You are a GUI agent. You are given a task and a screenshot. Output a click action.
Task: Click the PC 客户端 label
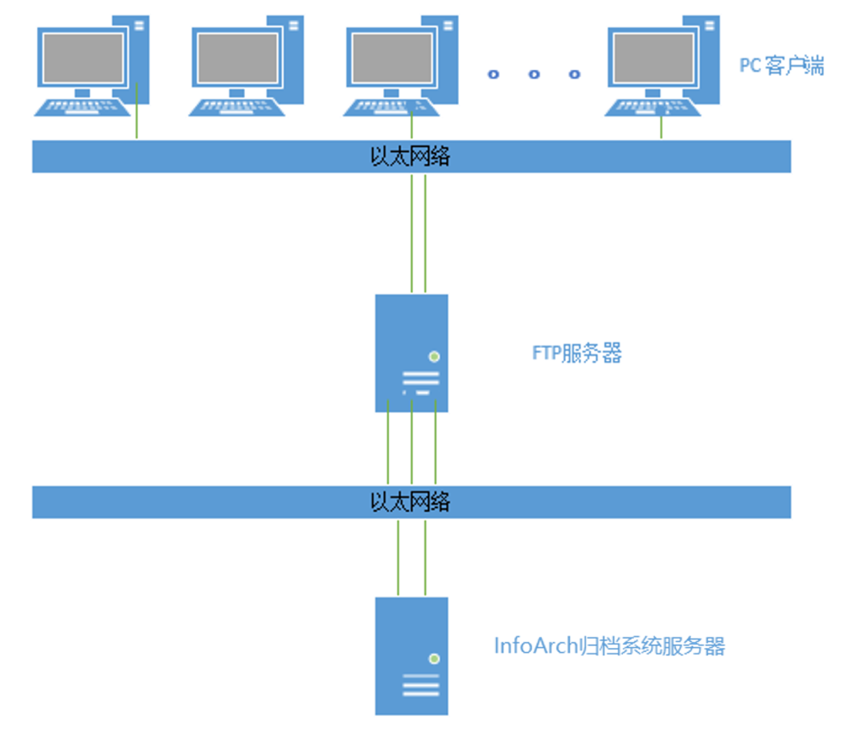781,66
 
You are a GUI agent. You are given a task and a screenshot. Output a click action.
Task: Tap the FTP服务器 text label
577,353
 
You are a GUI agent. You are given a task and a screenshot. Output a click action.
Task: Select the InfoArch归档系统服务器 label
609,646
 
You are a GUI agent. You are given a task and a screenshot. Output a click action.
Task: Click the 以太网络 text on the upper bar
410,157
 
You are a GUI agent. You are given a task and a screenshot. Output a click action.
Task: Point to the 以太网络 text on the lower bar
410,502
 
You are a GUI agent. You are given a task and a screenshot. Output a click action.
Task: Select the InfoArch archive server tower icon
411,655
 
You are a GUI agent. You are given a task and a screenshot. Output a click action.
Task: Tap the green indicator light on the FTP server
435,356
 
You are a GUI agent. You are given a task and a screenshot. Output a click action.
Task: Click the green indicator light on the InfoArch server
435,659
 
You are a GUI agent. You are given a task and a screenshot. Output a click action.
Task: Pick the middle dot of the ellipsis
534,75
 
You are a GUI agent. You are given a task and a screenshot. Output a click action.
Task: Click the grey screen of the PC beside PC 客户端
653,58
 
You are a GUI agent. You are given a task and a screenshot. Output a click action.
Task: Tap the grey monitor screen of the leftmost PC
84,58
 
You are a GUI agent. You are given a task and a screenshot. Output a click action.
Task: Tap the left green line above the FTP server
411,233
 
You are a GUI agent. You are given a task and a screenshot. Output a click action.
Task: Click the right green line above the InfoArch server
425,556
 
